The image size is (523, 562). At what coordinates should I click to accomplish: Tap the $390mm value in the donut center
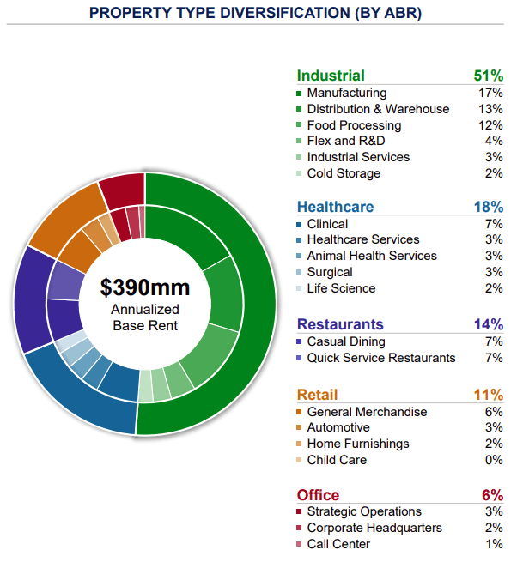pyautogui.click(x=144, y=287)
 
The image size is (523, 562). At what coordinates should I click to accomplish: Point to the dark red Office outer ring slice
pyautogui.click(x=120, y=190)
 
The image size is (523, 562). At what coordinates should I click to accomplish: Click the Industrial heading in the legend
pyautogui.click(x=331, y=76)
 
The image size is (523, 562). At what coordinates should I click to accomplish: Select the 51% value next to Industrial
pyautogui.click(x=488, y=76)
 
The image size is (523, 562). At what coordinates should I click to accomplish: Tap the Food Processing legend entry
pyautogui.click(x=354, y=125)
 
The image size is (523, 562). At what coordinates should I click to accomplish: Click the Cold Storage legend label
pyautogui.click(x=344, y=173)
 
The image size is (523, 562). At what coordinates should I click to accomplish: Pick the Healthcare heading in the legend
pyautogui.click(x=335, y=207)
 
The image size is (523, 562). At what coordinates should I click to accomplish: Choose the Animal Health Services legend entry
pyautogui.click(x=371, y=256)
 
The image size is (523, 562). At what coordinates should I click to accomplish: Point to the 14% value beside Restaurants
pyautogui.click(x=488, y=324)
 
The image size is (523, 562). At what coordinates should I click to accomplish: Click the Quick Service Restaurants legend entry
pyautogui.click(x=380, y=358)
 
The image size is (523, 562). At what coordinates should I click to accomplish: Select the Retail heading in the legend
pyautogui.click(x=317, y=395)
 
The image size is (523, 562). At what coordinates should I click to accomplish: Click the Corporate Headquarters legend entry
pyautogui.click(x=374, y=528)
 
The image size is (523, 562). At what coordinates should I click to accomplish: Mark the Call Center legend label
pyautogui.click(x=338, y=544)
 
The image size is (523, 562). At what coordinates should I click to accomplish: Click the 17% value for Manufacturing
pyautogui.click(x=490, y=93)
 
